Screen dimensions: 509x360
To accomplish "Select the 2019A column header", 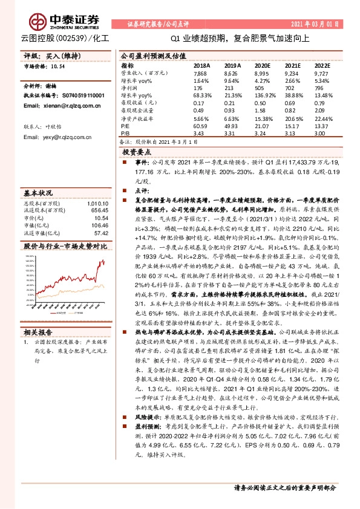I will [232, 65].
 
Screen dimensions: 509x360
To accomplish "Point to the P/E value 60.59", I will [201, 125].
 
